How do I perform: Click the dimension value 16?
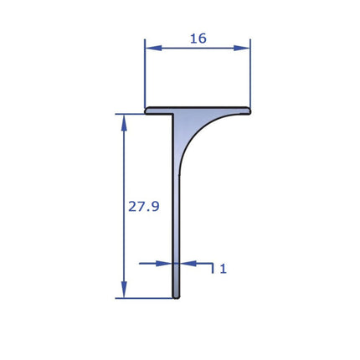pyautogui.click(x=198, y=38)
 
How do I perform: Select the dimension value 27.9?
pyautogui.click(x=144, y=206)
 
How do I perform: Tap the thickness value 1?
pyautogui.click(x=223, y=269)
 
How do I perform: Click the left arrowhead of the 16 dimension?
pyautogui.click(x=152, y=48)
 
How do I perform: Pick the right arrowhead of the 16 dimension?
pyautogui.click(x=244, y=48)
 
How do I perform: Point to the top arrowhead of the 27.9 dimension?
pyautogui.click(x=124, y=121)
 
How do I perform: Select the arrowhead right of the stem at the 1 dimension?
pyautogui.click(x=187, y=263)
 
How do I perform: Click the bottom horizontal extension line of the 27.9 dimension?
pyautogui.click(x=142, y=297)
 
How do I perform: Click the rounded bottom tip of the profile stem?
pyautogui.click(x=176, y=296)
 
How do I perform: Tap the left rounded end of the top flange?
pyautogui.click(x=147, y=110)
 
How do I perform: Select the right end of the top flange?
pyautogui.click(x=248, y=110)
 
